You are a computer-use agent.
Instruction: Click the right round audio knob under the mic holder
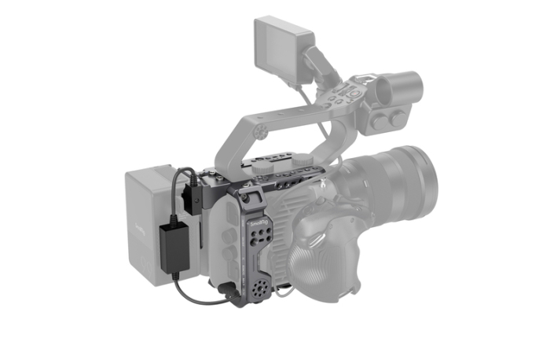coord(398,119)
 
